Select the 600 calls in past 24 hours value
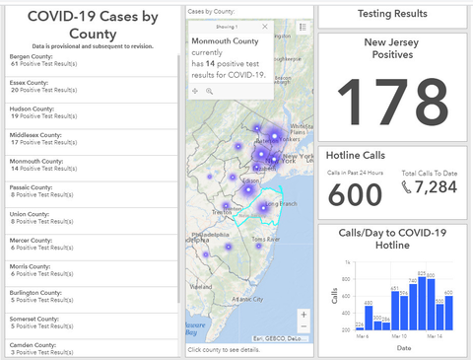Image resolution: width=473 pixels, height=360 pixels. pos(355,194)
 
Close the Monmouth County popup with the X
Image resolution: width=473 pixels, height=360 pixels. pos(264,28)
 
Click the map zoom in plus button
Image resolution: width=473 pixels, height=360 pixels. pos(304,315)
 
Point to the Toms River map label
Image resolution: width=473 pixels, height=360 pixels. pos(267,240)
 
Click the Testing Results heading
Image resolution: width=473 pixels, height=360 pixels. pos(392,14)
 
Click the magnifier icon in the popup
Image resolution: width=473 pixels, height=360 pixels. pos(210,91)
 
